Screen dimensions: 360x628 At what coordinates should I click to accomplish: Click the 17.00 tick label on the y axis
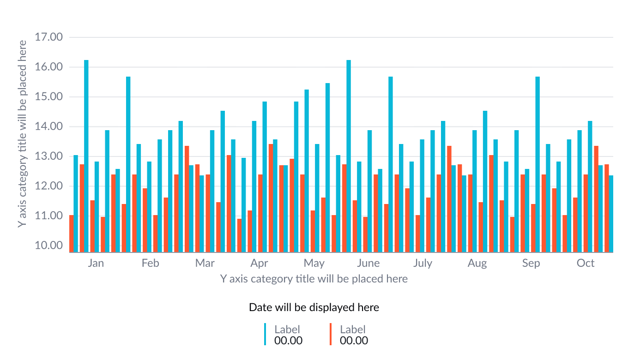click(x=48, y=37)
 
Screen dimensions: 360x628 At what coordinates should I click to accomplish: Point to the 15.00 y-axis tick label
click(x=48, y=97)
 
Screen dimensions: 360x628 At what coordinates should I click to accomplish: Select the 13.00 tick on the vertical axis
click(x=48, y=156)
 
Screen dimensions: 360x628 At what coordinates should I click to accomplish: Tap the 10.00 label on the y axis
click(x=48, y=246)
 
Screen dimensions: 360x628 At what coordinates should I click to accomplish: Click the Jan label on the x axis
click(x=96, y=263)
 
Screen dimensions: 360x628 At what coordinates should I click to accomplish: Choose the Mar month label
click(x=205, y=263)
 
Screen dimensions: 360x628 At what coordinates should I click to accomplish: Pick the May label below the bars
click(x=314, y=263)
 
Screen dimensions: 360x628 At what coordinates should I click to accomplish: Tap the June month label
click(x=368, y=263)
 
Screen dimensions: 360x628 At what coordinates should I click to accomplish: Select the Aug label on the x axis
click(x=477, y=263)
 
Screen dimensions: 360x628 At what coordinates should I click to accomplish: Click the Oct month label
click(x=586, y=263)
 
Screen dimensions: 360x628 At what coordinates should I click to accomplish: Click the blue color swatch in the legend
click(x=265, y=334)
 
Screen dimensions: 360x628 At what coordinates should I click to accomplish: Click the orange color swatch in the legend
click(x=331, y=334)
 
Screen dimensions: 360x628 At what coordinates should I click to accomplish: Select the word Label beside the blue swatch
click(x=287, y=329)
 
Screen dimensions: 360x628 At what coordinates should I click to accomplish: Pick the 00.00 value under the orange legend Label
click(x=354, y=341)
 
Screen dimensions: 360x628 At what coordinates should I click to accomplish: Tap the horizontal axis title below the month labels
click(x=314, y=279)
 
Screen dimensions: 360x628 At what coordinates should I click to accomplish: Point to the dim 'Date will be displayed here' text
click(x=314, y=307)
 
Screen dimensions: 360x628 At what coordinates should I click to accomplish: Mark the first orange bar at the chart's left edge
click(x=72, y=234)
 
